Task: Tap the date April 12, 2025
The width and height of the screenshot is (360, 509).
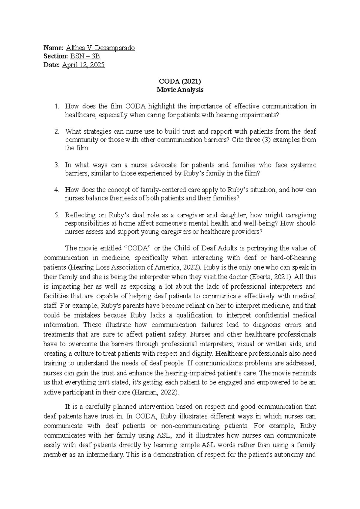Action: [83, 65]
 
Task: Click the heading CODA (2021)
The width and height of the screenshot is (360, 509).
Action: [180, 81]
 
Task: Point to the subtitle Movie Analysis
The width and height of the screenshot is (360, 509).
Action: [180, 90]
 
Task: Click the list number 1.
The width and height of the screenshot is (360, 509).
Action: [57, 106]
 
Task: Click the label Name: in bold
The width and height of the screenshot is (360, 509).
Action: [53, 48]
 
